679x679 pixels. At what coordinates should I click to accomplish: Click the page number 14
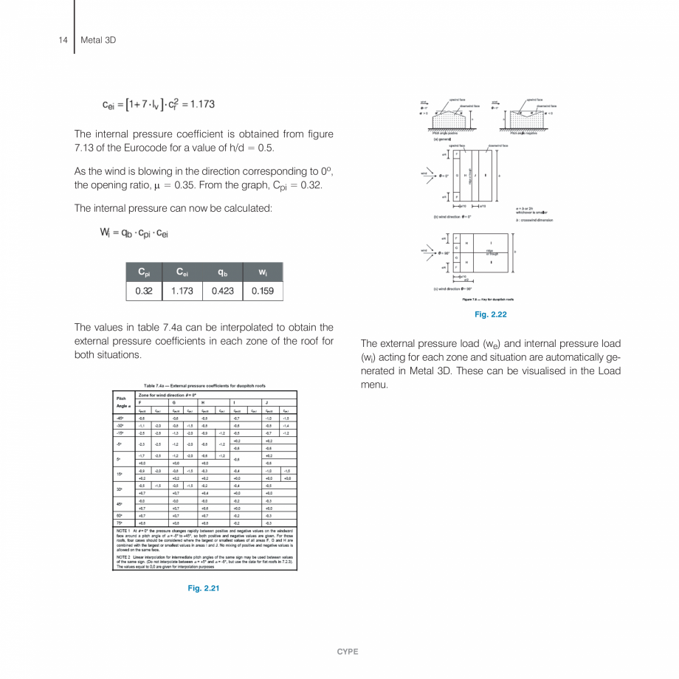63,39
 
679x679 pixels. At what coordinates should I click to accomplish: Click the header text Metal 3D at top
98,39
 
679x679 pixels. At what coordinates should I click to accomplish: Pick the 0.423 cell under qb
222,291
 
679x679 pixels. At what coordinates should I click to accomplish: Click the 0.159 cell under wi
263,291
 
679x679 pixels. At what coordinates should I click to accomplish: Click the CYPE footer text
347,652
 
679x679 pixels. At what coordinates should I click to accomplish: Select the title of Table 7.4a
204,386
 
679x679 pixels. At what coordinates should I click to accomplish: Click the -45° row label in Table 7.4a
120,417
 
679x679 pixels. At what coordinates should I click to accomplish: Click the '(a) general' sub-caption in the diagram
444,139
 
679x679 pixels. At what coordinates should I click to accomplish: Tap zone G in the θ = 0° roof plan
457,176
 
